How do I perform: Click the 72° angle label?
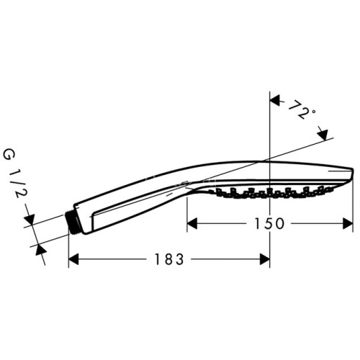(x=302, y=111)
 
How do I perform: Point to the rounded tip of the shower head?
(x=352, y=174)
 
